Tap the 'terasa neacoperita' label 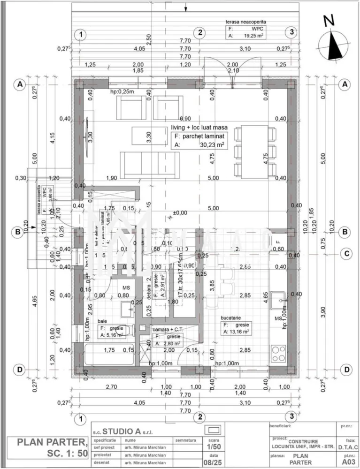(246, 22)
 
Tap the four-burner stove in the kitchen (279, 353)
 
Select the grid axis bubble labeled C (346, 254)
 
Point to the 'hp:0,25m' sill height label (122, 92)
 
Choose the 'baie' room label (102, 321)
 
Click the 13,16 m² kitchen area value (236, 332)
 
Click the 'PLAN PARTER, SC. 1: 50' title (52, 447)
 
